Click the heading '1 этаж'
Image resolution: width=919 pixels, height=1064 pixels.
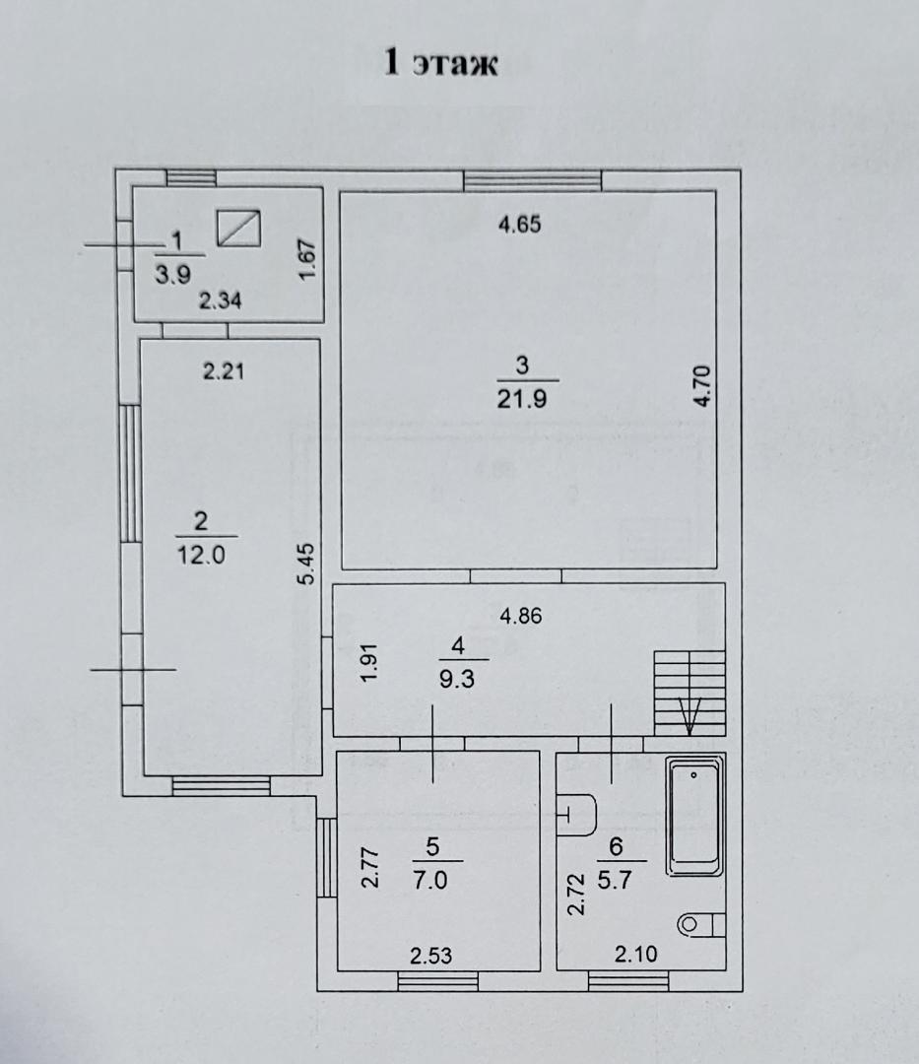(441, 63)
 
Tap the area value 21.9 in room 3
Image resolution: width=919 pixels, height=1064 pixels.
(522, 399)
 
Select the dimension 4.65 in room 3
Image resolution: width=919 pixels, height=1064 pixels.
(519, 224)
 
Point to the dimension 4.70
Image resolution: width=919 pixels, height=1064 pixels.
(702, 385)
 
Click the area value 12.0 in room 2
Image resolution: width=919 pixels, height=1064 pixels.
(201, 555)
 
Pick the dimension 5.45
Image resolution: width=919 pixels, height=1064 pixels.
(307, 564)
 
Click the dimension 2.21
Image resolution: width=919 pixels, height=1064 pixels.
(224, 371)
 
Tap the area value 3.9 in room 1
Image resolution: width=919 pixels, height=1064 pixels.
(173, 274)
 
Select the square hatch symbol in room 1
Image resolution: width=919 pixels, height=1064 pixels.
(238, 228)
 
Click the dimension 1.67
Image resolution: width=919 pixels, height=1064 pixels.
(307, 259)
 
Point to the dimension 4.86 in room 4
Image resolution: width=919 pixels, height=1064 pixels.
(521, 616)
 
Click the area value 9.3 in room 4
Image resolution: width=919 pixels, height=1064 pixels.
(457, 679)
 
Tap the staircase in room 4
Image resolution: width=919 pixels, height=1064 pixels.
(689, 693)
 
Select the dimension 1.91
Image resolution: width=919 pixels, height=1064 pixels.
(368, 663)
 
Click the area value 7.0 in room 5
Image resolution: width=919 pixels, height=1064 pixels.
(430, 881)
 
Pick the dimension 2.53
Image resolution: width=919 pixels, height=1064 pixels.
(430, 956)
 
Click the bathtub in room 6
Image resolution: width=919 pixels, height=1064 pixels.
(694, 817)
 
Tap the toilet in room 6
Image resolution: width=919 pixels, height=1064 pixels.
(701, 924)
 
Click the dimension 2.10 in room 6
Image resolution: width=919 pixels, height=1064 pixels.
(635, 955)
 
